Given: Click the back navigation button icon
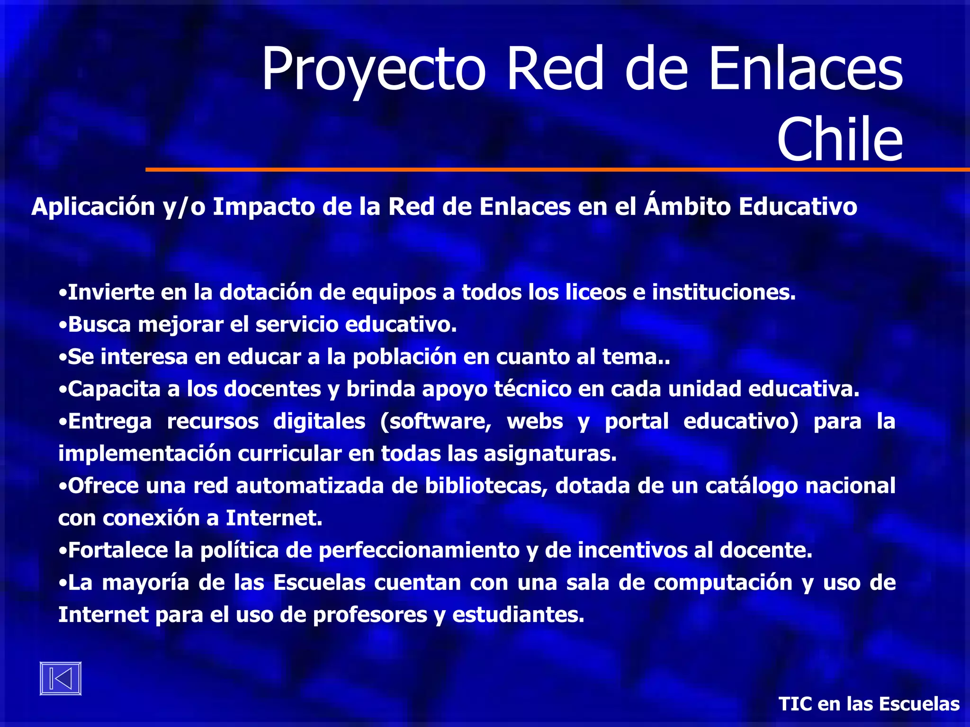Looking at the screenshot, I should click(61, 678).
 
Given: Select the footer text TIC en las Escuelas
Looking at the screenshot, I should click(869, 704).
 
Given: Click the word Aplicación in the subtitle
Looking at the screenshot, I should click(93, 207).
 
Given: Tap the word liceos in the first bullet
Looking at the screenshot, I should click(596, 293).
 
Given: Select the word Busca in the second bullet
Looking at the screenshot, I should click(99, 325).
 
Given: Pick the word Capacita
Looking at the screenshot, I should click(114, 389).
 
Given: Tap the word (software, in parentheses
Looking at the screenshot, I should click(436, 422).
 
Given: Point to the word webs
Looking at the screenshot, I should click(535, 422).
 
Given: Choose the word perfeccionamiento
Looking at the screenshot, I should click(419, 550).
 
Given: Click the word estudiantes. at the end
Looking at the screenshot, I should click(518, 615).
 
